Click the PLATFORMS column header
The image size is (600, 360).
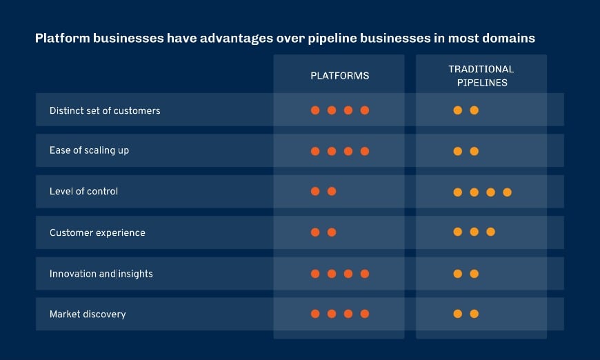pyautogui.click(x=339, y=76)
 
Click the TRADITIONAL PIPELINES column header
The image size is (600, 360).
pyautogui.click(x=481, y=76)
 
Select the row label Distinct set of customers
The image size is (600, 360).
pyautogui.click(x=105, y=110)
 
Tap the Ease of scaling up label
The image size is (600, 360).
pyautogui.click(x=89, y=151)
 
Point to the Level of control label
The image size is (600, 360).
pyautogui.click(x=83, y=192)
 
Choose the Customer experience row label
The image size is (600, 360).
pyautogui.click(x=97, y=233)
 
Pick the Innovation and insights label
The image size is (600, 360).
pyautogui.click(x=101, y=274)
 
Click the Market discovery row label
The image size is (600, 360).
pyautogui.click(x=88, y=314)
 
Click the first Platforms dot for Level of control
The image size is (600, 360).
pyautogui.click(x=315, y=192)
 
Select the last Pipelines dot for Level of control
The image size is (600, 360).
pyautogui.click(x=507, y=192)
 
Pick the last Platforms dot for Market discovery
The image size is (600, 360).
pyautogui.click(x=365, y=314)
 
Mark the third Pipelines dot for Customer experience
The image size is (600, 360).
pyautogui.click(x=490, y=232)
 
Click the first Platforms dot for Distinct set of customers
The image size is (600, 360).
pyautogui.click(x=315, y=110)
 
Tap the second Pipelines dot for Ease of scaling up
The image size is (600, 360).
pyautogui.click(x=474, y=152)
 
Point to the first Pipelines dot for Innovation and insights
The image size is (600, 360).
pyautogui.click(x=457, y=274)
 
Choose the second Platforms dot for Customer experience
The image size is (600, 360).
pyautogui.click(x=332, y=232)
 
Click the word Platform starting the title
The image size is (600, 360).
pyautogui.click(x=59, y=39)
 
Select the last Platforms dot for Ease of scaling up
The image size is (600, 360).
pyautogui.click(x=365, y=151)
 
